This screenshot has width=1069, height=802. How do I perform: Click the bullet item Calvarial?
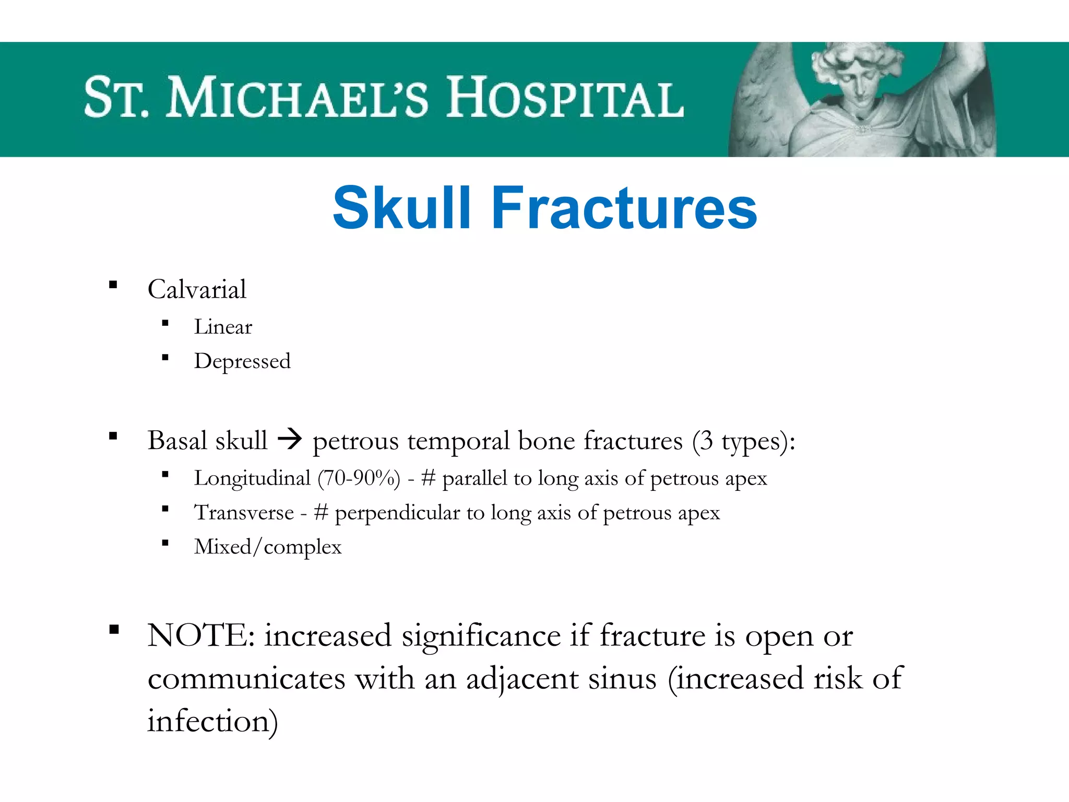(x=197, y=289)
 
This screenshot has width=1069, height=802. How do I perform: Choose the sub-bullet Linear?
(x=223, y=327)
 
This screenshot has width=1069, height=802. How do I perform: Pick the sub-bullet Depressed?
(x=242, y=361)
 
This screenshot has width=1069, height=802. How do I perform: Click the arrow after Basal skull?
(x=290, y=439)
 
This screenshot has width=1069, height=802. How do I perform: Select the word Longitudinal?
(x=252, y=478)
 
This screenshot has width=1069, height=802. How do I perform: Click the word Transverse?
(x=244, y=513)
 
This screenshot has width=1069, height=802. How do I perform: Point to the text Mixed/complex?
(x=268, y=547)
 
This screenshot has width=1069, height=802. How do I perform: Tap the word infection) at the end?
(x=212, y=722)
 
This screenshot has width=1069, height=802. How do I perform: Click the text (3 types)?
(x=744, y=441)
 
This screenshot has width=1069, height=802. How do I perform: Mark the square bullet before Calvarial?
(x=113, y=285)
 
